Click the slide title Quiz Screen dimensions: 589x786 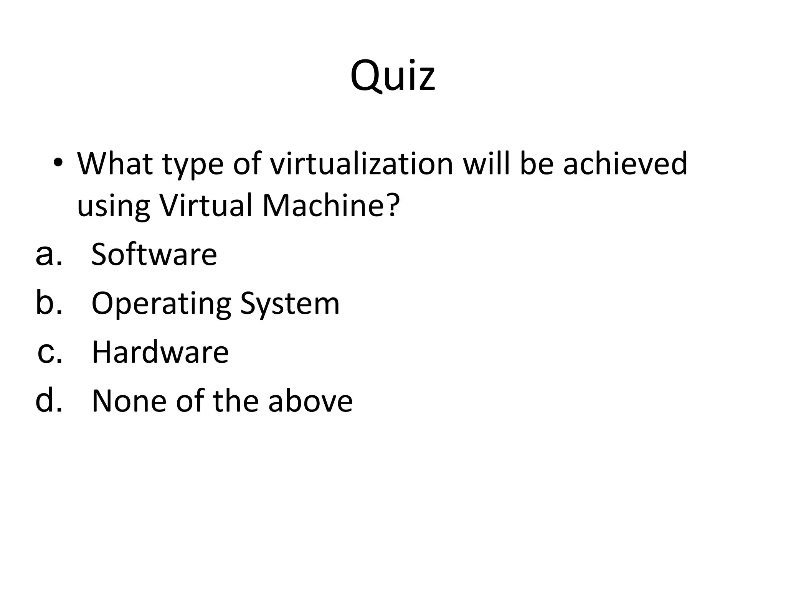[393, 75]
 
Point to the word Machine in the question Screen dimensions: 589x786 [331, 205]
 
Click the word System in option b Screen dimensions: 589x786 [290, 304]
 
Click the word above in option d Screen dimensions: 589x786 [310, 401]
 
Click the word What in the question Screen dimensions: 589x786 [116, 164]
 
